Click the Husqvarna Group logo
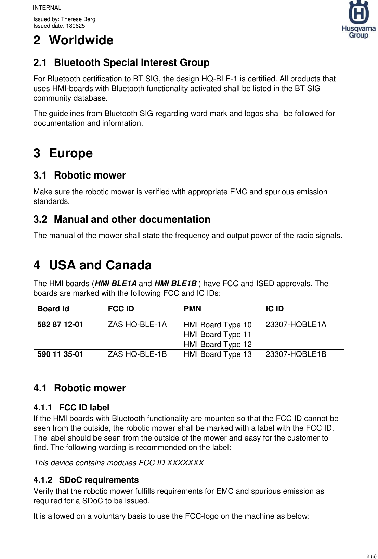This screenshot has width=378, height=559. (358, 19)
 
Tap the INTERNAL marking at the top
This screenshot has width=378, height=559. (47, 8)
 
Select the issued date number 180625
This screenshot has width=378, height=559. (75, 26)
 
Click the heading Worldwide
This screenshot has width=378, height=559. (81, 40)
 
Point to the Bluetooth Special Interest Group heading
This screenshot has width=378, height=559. (132, 63)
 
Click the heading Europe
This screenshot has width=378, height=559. (71, 153)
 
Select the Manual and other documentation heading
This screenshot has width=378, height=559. (132, 220)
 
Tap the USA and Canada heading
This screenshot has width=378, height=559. (100, 265)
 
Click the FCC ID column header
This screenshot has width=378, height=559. (121, 309)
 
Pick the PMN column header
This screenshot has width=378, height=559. (192, 309)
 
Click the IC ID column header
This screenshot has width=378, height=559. (275, 309)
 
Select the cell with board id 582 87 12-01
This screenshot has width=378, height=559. (60, 325)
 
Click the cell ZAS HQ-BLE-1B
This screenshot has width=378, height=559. (137, 354)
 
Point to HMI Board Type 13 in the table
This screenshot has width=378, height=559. (218, 354)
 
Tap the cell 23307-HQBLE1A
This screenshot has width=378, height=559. (296, 325)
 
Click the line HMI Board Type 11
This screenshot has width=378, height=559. (218, 335)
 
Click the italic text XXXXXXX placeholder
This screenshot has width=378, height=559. (185, 463)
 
